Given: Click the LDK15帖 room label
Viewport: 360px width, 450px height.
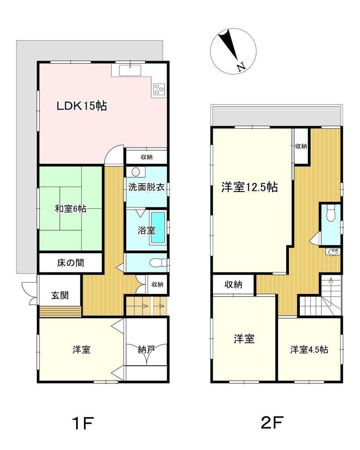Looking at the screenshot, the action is point(81,106).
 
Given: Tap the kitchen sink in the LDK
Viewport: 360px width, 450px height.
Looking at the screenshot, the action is point(130,70).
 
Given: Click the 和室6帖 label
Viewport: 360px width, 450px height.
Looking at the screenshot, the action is point(70,209).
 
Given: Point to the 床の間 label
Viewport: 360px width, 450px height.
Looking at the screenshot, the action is point(70,263).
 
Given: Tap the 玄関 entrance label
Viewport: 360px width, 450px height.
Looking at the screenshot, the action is point(60,295).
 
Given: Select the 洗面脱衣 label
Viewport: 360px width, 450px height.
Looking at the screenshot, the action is point(146,187).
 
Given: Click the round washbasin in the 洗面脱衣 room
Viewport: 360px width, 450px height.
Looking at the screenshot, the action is point(135,172).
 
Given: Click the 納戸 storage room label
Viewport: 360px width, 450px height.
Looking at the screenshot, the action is point(146,349).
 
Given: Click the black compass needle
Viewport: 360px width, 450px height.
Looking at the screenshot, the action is point(228,46).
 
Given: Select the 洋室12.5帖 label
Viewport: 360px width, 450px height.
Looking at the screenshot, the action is point(249,187).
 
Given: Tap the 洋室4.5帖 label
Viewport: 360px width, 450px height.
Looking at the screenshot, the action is point(309,349).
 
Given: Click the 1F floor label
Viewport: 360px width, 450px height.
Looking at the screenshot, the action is point(83,423).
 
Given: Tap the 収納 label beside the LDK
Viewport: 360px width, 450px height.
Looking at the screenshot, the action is point(146,157).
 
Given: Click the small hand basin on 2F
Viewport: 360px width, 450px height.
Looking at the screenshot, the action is point(333,252).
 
